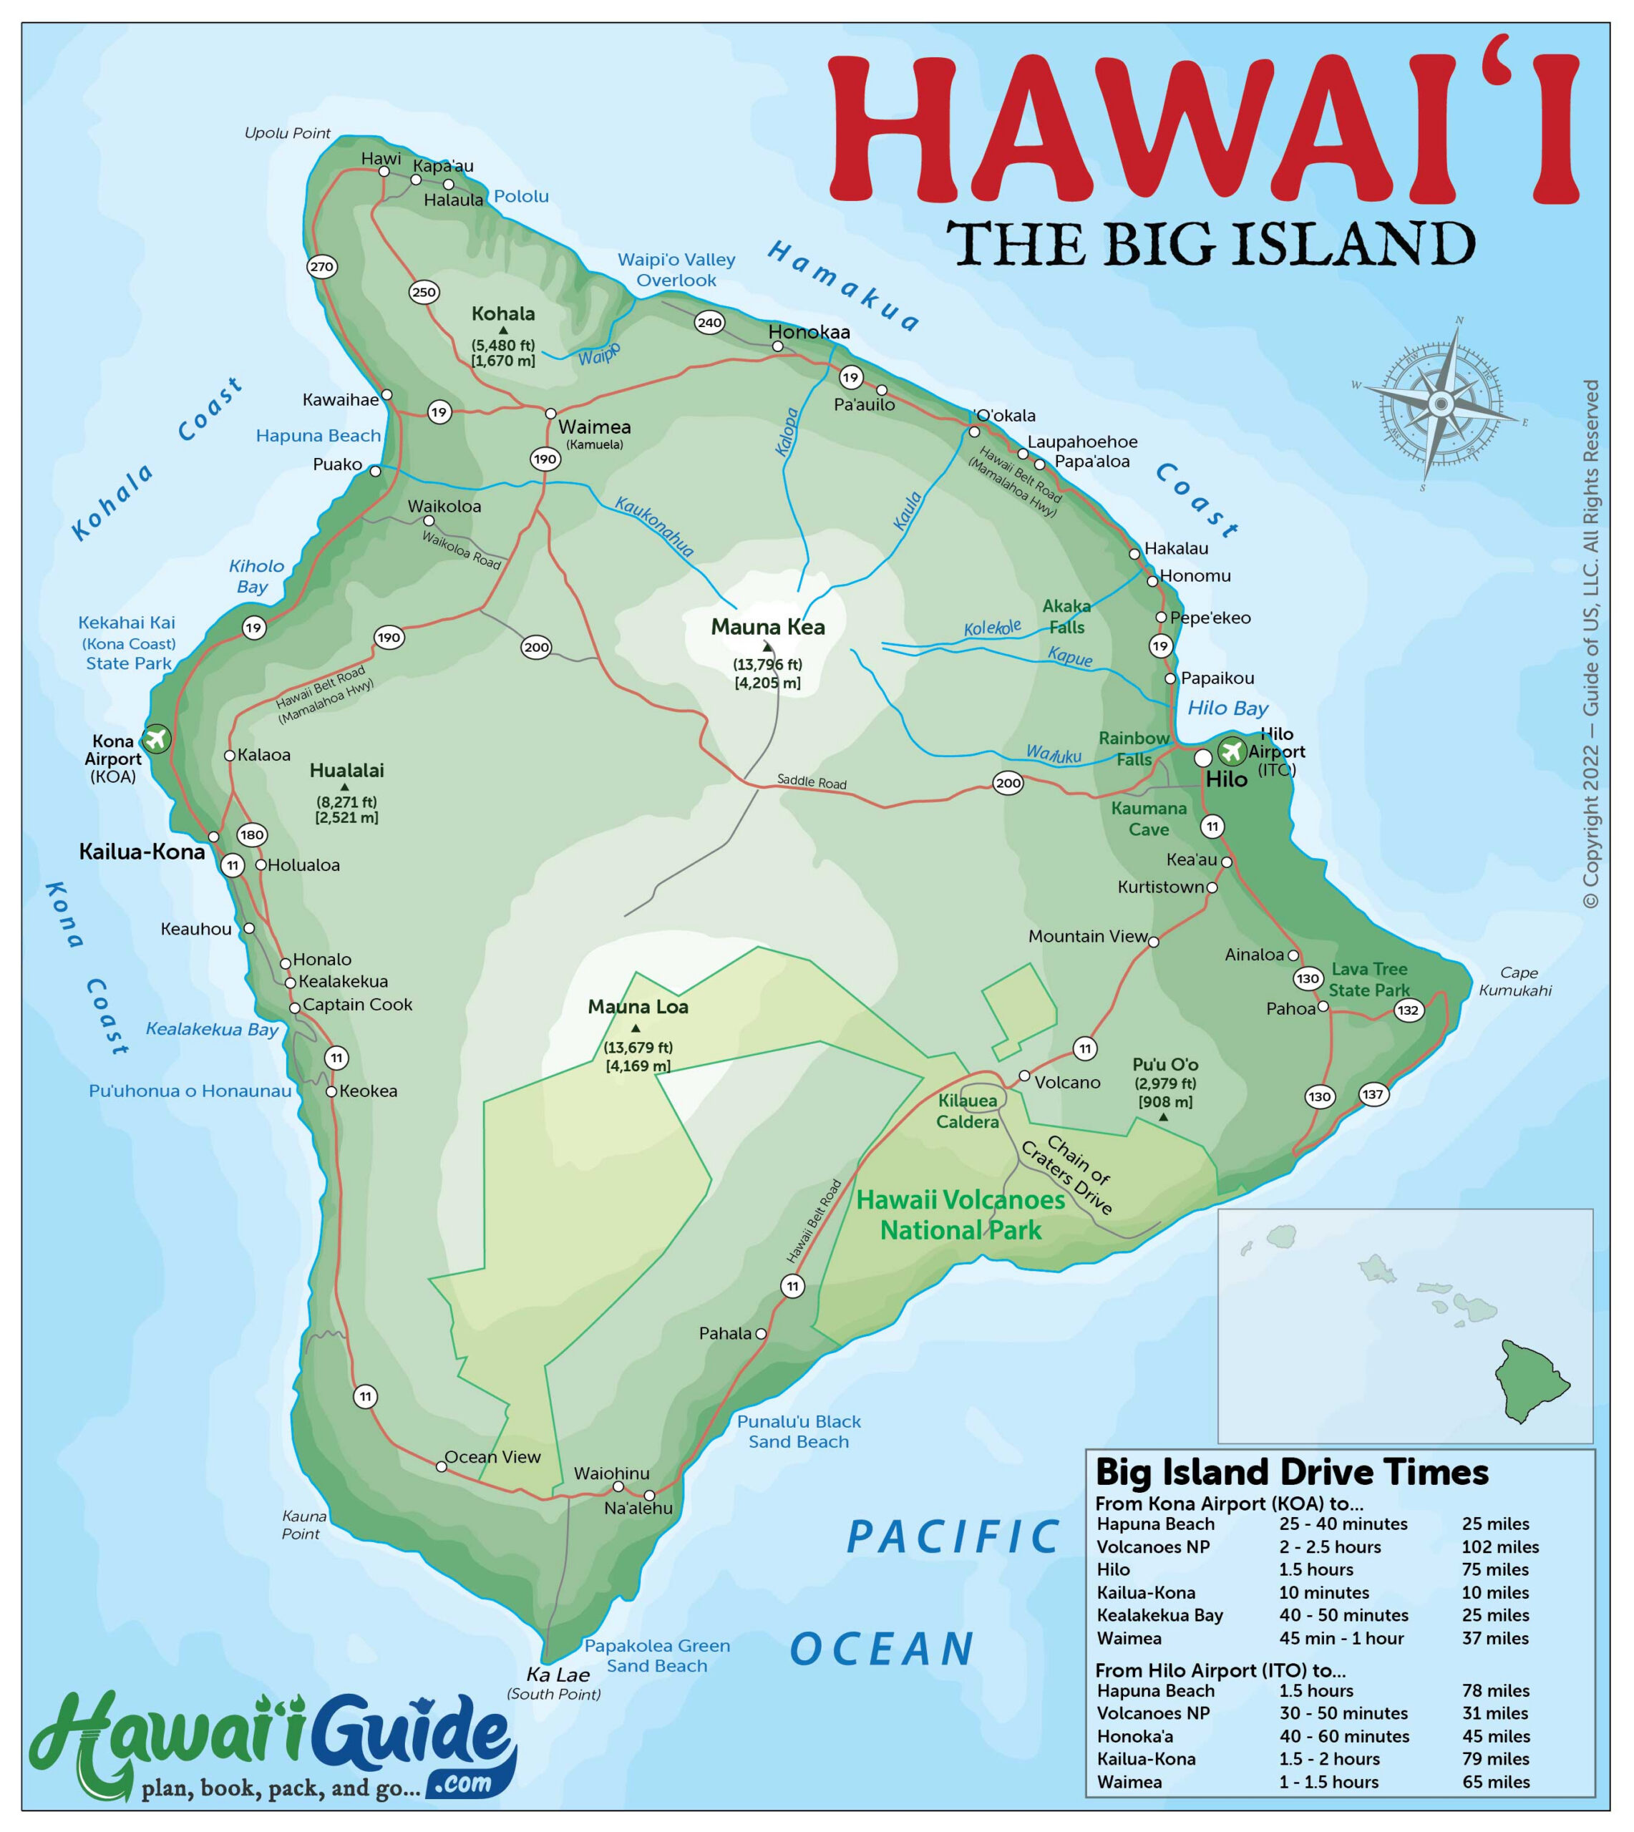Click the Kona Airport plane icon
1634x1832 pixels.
156,739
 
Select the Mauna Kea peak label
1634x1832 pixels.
768,628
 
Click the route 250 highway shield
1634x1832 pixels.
424,292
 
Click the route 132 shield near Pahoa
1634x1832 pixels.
1408,1010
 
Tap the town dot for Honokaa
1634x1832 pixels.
777,346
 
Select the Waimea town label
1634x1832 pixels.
594,427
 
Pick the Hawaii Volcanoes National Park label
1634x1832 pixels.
961,1215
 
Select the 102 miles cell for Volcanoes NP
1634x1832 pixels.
1500,1546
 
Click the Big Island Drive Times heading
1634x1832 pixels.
1292,1473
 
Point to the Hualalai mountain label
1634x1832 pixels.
346,770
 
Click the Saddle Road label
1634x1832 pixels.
812,781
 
